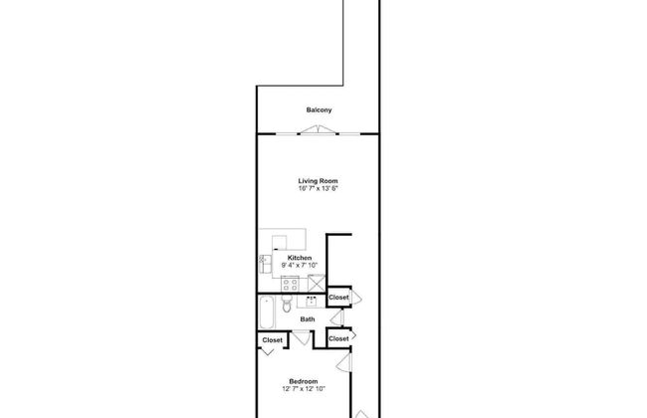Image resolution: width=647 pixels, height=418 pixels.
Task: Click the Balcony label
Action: [319, 110]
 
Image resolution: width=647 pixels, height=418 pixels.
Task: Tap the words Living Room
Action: [318, 181]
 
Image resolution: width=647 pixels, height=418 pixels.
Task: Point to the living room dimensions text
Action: [318, 188]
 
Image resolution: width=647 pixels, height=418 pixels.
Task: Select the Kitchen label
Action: [300, 258]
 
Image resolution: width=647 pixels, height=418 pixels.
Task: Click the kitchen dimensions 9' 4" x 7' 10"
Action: [300, 266]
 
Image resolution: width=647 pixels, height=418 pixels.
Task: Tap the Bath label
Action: [308, 318]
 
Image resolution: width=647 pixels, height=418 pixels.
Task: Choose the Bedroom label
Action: [304, 381]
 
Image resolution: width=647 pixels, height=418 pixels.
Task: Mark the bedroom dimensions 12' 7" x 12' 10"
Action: [304, 389]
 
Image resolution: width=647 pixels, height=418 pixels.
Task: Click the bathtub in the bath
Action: [267, 313]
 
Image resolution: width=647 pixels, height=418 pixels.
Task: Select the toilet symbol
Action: [287, 305]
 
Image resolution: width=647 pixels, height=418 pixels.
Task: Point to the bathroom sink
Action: [312, 302]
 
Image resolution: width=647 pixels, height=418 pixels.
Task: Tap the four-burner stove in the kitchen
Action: [290, 284]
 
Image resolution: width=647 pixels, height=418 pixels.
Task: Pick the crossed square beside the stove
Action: [317, 283]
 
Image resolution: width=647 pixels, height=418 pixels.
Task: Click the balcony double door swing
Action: [318, 129]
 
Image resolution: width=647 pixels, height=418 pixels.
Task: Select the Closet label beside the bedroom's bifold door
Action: [273, 340]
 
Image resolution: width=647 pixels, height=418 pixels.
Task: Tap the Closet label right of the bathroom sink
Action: [338, 298]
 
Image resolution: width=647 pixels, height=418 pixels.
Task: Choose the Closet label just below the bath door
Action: [338, 338]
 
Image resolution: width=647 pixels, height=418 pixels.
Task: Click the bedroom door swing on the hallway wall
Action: [343, 363]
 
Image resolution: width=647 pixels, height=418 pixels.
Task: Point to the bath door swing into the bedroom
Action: [302, 338]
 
